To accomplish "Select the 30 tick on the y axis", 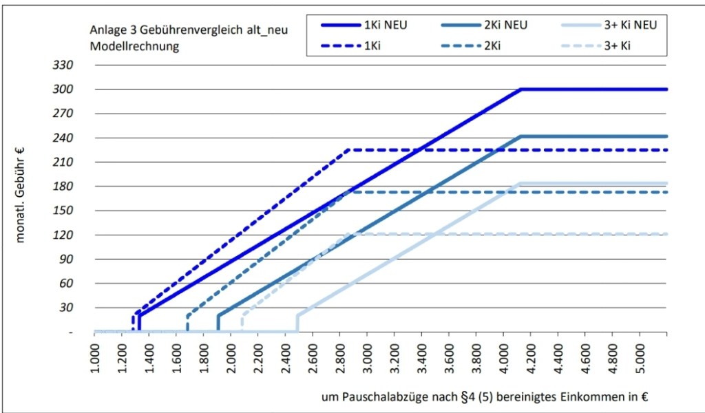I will pos(66,308).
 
